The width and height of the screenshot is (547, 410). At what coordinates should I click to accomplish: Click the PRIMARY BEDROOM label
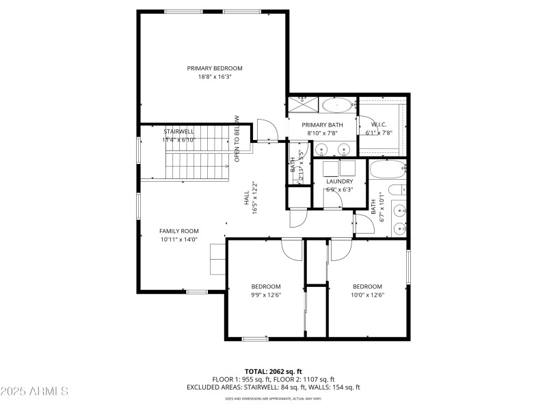tap(215, 68)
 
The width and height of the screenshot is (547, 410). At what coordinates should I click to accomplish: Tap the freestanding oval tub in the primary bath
tap(338, 106)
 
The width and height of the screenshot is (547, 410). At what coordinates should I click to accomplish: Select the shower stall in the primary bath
tap(302, 105)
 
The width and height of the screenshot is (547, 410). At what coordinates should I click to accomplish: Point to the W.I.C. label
tap(379, 124)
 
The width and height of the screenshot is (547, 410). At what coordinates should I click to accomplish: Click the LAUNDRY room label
tap(339, 181)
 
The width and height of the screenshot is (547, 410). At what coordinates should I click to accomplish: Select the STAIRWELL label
tap(178, 131)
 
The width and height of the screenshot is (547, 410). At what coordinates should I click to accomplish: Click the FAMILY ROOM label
tap(178, 231)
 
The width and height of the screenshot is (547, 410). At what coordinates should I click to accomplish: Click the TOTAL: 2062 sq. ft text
tap(273, 371)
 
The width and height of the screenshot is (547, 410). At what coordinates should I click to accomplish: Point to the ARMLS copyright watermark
tap(35, 392)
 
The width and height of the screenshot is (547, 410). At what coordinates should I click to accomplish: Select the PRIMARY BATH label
tap(322, 124)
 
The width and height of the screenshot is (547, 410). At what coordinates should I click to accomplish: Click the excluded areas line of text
tap(273, 387)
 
